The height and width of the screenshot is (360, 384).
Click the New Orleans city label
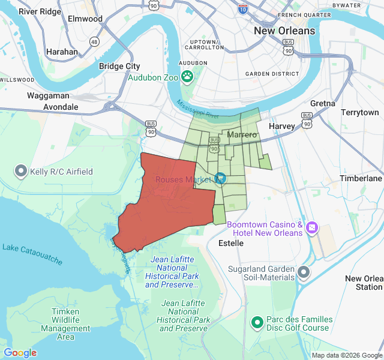click(x=284, y=31)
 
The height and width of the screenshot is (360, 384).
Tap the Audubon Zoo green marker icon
click(x=188, y=76)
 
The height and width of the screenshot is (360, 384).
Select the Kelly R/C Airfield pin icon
click(x=21, y=172)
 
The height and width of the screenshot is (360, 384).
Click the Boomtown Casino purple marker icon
click(x=312, y=228)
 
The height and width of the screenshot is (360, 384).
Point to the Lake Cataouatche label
click(x=32, y=254)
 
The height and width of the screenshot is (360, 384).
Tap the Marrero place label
click(x=242, y=136)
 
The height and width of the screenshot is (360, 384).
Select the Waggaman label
click(x=48, y=95)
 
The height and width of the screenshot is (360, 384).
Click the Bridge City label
click(x=119, y=66)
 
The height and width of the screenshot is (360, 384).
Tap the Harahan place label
click(x=62, y=52)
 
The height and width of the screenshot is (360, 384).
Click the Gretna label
click(x=323, y=103)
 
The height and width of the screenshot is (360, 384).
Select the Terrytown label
click(x=360, y=112)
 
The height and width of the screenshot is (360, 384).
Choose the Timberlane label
click(x=361, y=178)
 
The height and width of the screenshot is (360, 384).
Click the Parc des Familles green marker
click(x=257, y=323)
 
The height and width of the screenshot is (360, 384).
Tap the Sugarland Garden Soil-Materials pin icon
click(x=304, y=273)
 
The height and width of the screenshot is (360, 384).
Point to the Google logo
click(x=20, y=353)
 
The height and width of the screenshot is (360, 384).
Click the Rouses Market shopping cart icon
click(x=220, y=178)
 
